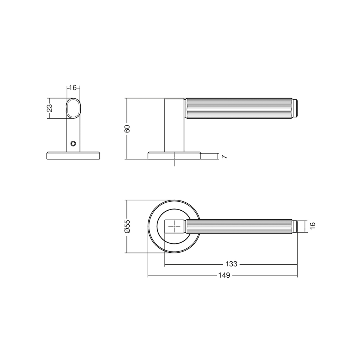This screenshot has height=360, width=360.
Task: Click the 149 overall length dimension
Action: pos(224,275)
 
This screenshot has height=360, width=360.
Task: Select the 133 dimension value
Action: pos(231,264)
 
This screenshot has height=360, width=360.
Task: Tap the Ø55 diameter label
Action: pos(127,226)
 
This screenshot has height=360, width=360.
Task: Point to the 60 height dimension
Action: pos(127,129)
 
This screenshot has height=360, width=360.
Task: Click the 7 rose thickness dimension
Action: pos(224,157)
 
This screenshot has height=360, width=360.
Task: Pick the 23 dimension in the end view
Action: pos(50,108)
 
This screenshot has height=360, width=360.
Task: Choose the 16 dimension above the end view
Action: pos(73,88)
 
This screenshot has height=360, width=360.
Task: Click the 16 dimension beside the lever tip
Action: pos(312,225)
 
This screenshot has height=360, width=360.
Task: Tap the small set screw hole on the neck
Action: pos(73,144)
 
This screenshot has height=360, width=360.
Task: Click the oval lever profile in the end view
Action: pos(73,108)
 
